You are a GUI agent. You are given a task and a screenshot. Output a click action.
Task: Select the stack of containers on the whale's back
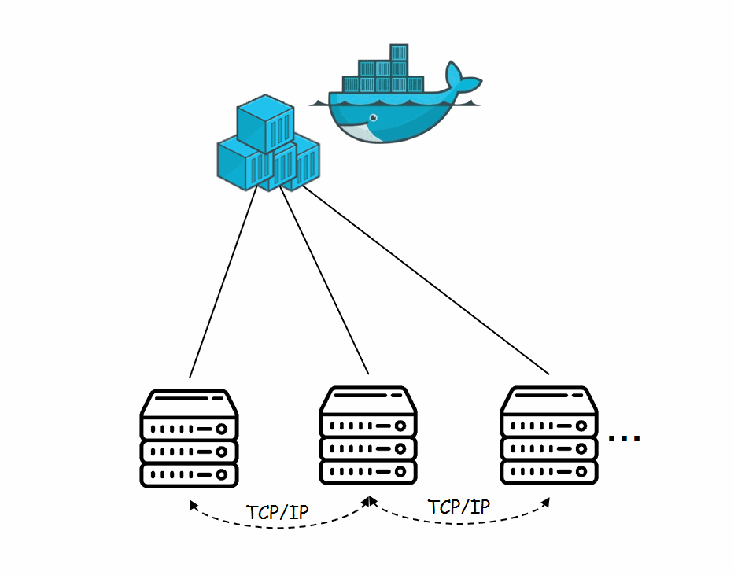pos(382,71)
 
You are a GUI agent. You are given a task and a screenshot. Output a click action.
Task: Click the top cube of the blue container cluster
pos(265,122)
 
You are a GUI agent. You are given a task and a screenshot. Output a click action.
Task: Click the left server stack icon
pos(189,437)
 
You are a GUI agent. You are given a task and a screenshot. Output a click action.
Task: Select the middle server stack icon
pos(368,435)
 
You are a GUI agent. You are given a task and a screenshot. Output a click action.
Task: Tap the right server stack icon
pos(548,435)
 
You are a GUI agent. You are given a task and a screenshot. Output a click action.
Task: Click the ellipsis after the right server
pos(625,438)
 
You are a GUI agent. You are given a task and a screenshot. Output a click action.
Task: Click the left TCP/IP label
pos(277,511)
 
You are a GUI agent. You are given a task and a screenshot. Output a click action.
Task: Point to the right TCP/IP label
pos(459,506)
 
